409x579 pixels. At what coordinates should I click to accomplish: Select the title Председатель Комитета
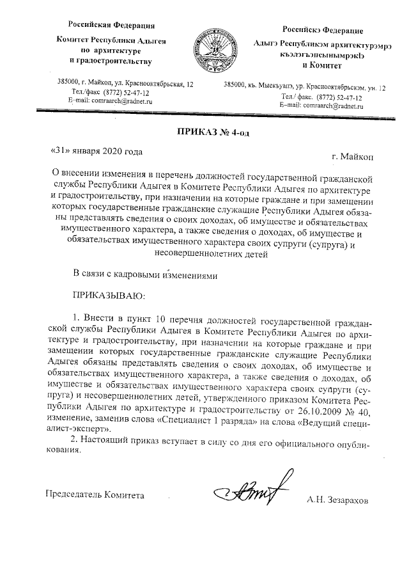tap(94, 494)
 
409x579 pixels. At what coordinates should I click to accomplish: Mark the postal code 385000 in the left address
tap(68, 83)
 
